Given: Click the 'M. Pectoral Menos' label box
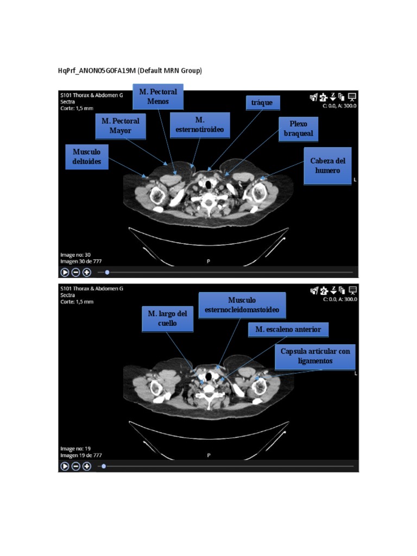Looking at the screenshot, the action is (x=158, y=97).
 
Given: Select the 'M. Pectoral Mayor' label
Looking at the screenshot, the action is (x=120, y=125).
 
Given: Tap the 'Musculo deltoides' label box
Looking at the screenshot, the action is (x=86, y=156).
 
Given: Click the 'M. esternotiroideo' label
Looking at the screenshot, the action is (x=200, y=125).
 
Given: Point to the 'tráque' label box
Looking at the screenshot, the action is (x=262, y=103).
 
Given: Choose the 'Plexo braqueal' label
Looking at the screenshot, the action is (x=298, y=129).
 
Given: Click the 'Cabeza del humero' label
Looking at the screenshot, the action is (x=327, y=166).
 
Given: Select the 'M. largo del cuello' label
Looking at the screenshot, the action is (x=167, y=318).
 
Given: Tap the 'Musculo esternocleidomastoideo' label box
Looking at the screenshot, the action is (x=242, y=305).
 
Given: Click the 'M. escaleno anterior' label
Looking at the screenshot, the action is (x=288, y=329).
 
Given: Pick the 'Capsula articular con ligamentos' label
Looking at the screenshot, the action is (x=315, y=356).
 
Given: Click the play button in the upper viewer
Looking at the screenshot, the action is (x=65, y=272).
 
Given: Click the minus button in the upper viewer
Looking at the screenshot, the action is (x=75, y=272).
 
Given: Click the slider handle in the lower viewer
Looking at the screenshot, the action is (x=104, y=466).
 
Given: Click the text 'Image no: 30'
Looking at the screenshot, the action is (x=75, y=254).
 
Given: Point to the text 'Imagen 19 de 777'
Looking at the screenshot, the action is (x=81, y=455).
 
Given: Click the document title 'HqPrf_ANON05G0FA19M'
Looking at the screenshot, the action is (x=97, y=71).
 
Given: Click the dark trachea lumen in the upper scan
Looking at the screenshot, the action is (x=208, y=186).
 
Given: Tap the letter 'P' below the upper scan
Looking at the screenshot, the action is (x=208, y=261).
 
